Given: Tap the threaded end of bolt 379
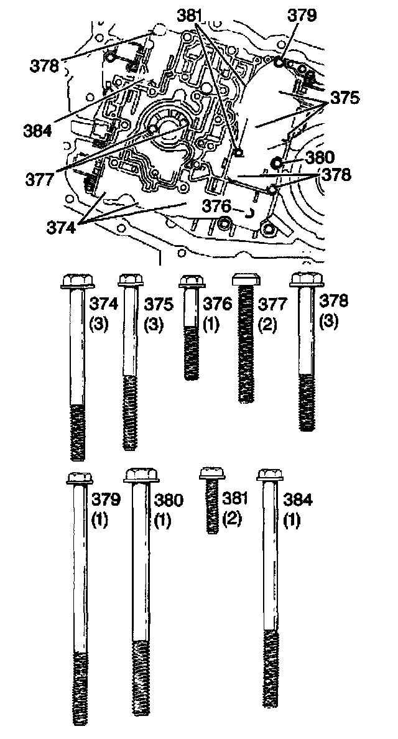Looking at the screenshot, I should pyautogui.click(x=80, y=687).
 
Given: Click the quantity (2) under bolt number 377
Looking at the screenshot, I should pyautogui.click(x=267, y=325).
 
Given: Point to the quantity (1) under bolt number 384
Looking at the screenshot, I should pyautogui.click(x=291, y=519).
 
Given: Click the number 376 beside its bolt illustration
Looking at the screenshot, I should pyautogui.click(x=217, y=304).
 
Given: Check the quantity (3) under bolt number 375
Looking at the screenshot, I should pyautogui.click(x=154, y=325).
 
